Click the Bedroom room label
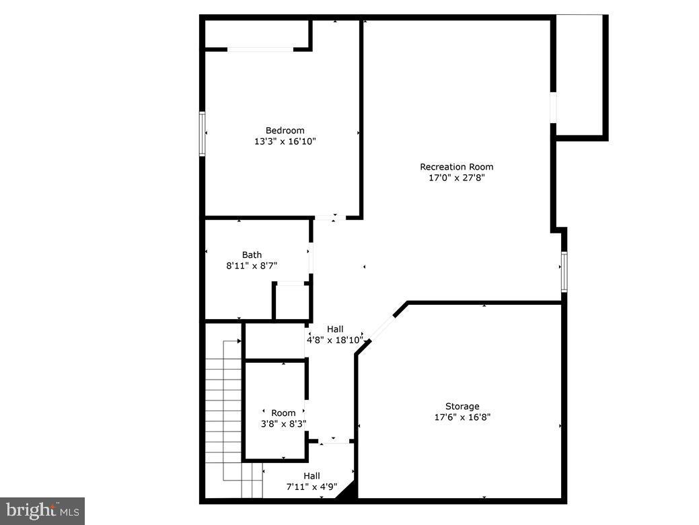pyautogui.click(x=285, y=131)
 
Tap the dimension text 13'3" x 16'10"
pyautogui.click(x=285, y=141)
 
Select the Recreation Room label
pyautogui.click(x=456, y=167)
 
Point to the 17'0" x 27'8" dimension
pyautogui.click(x=456, y=178)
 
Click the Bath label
pyautogui.click(x=252, y=255)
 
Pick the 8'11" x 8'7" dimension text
pyautogui.click(x=252, y=266)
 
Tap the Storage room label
pyautogui.click(x=462, y=407)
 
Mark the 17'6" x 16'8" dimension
pyautogui.click(x=462, y=417)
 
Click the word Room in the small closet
pyautogui.click(x=283, y=413)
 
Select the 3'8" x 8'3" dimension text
pyautogui.click(x=283, y=424)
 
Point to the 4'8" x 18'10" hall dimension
pyautogui.click(x=335, y=340)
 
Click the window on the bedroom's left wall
pyautogui.click(x=202, y=134)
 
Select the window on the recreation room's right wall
pyautogui.click(x=564, y=271)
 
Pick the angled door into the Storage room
pyautogui.click(x=383, y=327)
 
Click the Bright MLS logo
pyautogui.click(x=42, y=511)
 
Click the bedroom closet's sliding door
pyautogui.click(x=260, y=48)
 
